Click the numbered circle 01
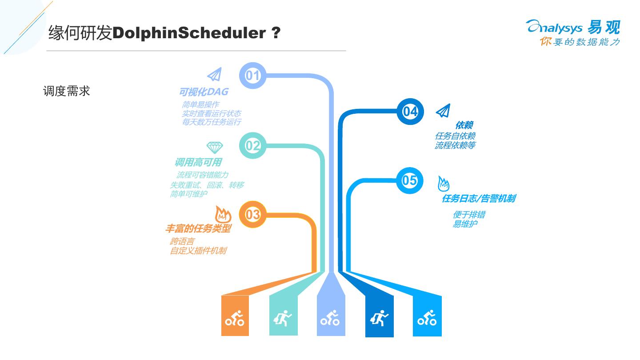tap(252, 76)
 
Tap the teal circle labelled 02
tap(252, 145)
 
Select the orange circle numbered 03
tap(252, 215)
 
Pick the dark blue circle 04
tap(410, 111)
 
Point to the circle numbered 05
tap(409, 180)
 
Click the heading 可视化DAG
tap(204, 92)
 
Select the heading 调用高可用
tap(198, 163)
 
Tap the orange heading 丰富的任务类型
tap(198, 229)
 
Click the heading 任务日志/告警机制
tap(478, 199)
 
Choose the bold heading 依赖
tap(464, 125)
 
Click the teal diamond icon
tap(215, 147)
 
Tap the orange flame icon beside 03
tap(223, 215)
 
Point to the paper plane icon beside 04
tap(443, 111)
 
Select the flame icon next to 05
tap(443, 184)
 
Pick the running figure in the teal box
tap(283, 318)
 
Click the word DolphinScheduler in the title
tap(189, 33)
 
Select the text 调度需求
tap(67, 91)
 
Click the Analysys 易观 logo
tap(573, 32)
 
